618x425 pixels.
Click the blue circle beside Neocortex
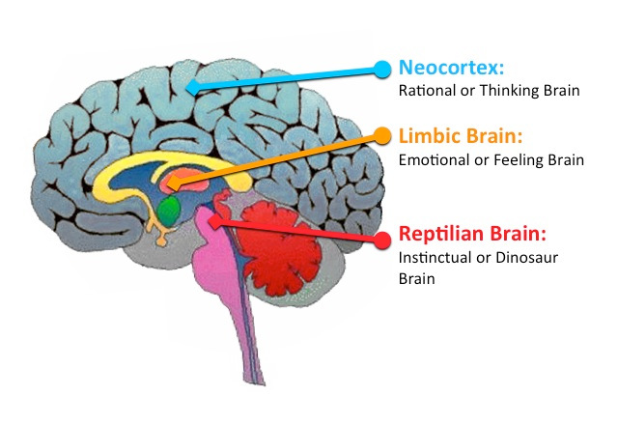pos(382,69)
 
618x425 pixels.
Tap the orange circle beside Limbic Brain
pos(382,135)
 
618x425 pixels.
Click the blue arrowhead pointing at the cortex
pos(193,87)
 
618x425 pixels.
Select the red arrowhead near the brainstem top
pos(215,220)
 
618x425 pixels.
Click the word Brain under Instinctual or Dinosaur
pos(417,278)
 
